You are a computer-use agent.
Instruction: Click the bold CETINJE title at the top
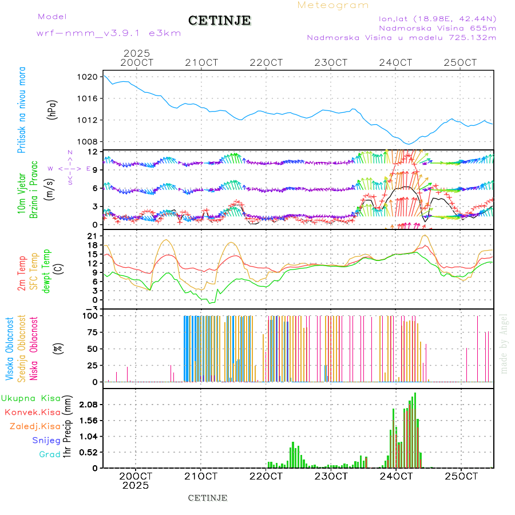(219, 21)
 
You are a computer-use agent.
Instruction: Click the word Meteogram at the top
(333, 5)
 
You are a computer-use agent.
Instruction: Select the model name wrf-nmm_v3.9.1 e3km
(109, 33)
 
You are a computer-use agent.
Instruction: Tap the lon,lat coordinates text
(433, 18)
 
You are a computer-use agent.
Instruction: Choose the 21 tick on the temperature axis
(93, 236)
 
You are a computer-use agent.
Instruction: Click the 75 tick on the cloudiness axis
(92, 332)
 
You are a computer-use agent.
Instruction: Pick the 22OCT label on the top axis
(267, 62)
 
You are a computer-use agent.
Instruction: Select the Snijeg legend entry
(48, 440)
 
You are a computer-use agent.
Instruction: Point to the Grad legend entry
(50, 454)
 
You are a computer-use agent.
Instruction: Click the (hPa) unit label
(52, 109)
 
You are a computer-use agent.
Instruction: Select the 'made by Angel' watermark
(504, 343)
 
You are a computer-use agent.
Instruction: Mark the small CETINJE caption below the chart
(208, 498)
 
